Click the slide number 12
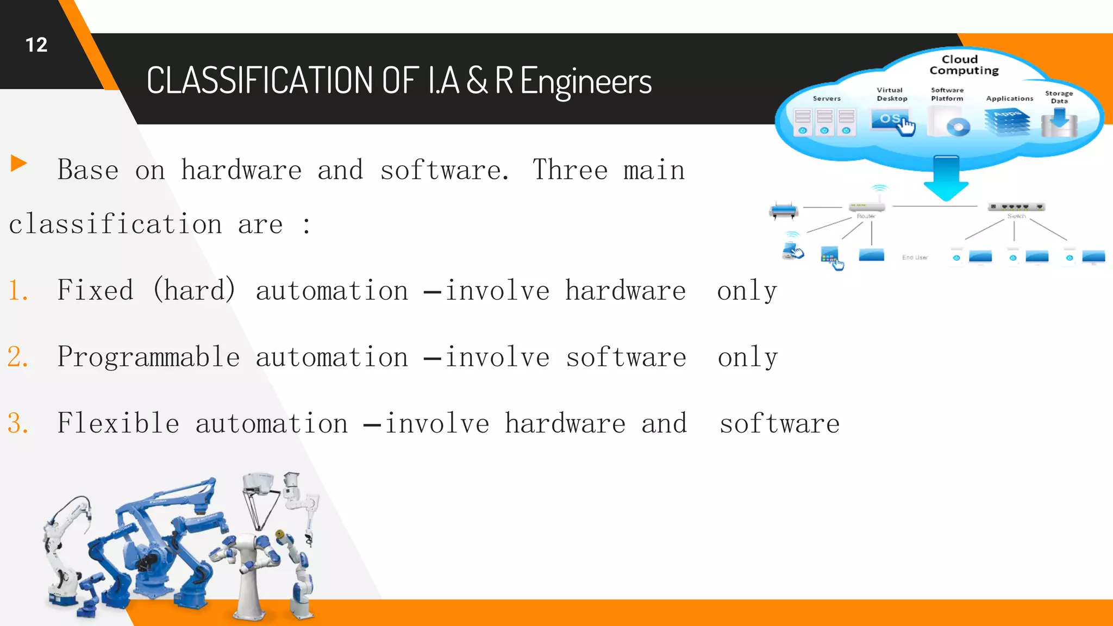pyautogui.click(x=36, y=45)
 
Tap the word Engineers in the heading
pyautogui.click(x=585, y=81)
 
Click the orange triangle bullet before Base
pyautogui.click(x=18, y=163)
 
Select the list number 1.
pyautogui.click(x=17, y=290)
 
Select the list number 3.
pyautogui.click(x=17, y=423)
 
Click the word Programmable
pyautogui.click(x=148, y=357)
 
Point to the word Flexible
pyautogui.click(x=118, y=423)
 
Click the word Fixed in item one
pyautogui.click(x=95, y=290)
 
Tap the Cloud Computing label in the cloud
pyautogui.click(x=964, y=65)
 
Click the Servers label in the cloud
pyautogui.click(x=827, y=98)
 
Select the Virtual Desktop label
pyautogui.click(x=891, y=94)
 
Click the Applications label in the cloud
pyautogui.click(x=1009, y=98)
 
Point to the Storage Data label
pyautogui.click(x=1059, y=97)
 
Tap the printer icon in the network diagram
pyautogui.click(x=784, y=210)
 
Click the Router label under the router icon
pyautogui.click(x=866, y=216)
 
